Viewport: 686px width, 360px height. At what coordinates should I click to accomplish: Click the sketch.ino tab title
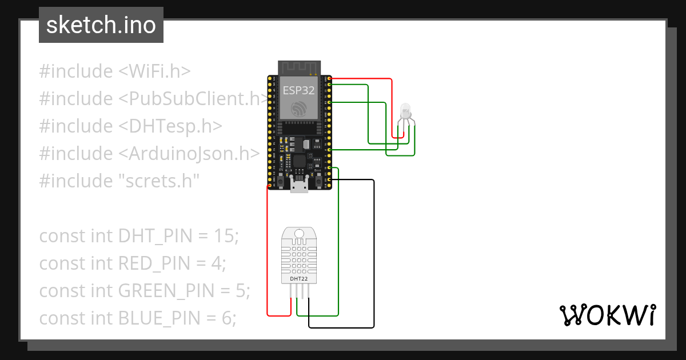pos(101,25)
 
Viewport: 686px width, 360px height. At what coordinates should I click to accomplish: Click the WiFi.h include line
pos(114,71)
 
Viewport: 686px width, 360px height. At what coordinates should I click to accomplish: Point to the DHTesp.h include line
pos(130,126)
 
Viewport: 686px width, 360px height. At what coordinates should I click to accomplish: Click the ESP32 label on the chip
pos(298,90)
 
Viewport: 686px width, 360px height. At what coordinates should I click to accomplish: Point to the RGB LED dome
pos(405,109)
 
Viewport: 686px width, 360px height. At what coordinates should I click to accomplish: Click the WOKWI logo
pos(607,315)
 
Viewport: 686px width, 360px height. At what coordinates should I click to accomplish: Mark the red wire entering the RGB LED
pos(392,109)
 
